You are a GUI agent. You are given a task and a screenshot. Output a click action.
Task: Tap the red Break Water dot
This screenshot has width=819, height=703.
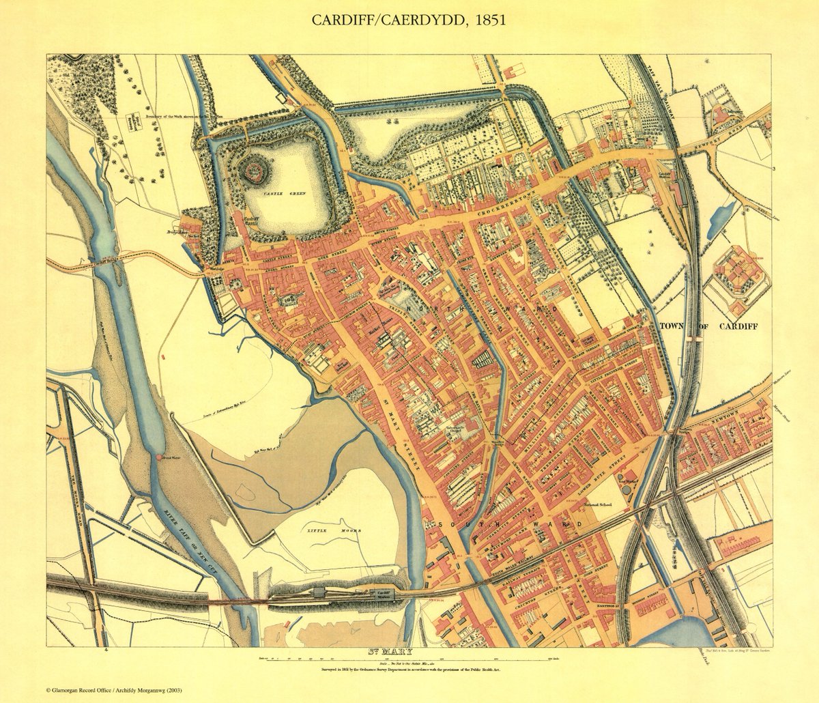pyautogui.click(x=159, y=457)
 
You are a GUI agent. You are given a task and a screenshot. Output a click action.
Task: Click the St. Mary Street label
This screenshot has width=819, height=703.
pyautogui.click(x=401, y=437)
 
